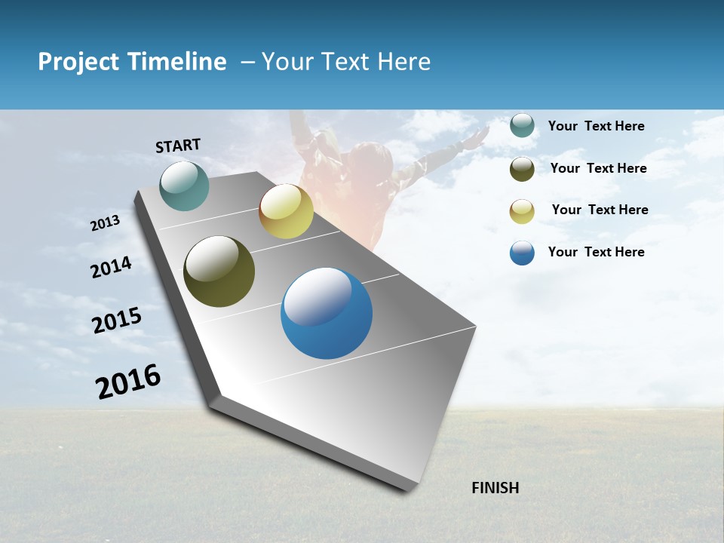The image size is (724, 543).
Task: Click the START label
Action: (x=178, y=146)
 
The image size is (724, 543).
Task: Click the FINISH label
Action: (x=495, y=488)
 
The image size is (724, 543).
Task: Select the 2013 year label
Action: (x=106, y=222)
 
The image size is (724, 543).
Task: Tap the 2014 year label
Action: (x=111, y=267)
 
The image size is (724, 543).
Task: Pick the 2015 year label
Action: (x=117, y=320)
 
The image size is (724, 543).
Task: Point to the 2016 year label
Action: (x=128, y=382)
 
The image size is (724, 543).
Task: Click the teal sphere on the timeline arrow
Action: (x=185, y=186)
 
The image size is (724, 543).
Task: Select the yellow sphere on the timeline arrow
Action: (x=286, y=211)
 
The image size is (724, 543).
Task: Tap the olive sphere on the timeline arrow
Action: (x=219, y=271)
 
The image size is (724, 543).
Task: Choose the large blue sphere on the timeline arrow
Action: (x=327, y=313)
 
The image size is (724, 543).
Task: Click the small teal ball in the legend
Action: (x=522, y=126)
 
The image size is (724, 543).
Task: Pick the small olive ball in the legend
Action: (x=522, y=169)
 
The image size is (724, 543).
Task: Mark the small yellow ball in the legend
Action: (x=522, y=211)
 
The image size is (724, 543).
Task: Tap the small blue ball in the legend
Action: (x=522, y=253)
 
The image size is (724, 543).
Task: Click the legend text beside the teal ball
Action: (x=596, y=127)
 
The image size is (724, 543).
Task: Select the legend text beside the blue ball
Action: (x=596, y=252)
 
